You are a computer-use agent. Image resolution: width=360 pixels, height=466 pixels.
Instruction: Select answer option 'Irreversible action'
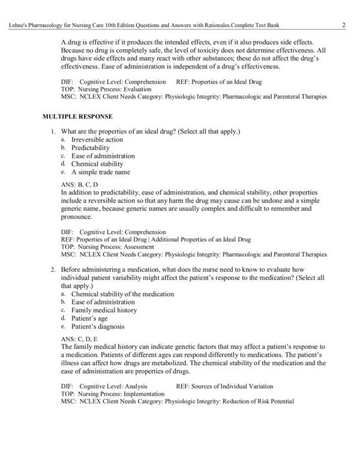point(97,140)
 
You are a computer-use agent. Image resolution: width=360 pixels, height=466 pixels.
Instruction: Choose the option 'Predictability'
point(90,148)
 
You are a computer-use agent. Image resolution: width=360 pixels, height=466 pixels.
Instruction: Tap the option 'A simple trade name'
point(100,172)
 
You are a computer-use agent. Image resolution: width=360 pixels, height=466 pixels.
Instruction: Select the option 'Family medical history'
point(104,310)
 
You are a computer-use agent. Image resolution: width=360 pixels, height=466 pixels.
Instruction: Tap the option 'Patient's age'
point(89,319)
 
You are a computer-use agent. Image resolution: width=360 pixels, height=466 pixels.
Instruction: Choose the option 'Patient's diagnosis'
point(97,327)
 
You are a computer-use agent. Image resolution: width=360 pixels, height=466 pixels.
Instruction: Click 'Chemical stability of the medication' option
point(122,294)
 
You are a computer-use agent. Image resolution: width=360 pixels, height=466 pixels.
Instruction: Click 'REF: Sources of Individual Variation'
point(224,386)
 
